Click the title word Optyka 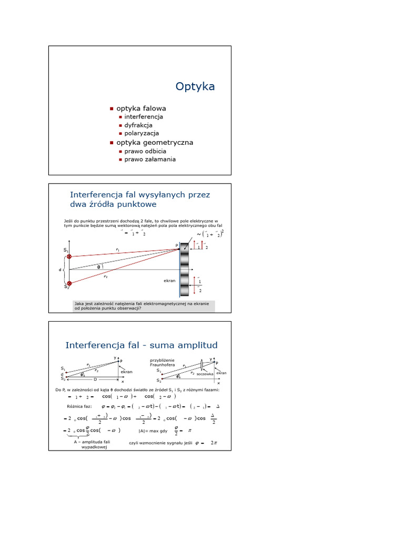(x=195, y=87)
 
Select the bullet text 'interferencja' (x=143, y=117)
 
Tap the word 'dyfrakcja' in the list (x=138, y=125)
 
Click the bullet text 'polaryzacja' (x=142, y=134)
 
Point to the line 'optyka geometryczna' (x=151, y=143)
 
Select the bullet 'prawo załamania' (x=150, y=159)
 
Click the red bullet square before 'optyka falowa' (x=112, y=108)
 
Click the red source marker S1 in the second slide (x=69, y=256)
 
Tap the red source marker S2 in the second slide (x=69, y=283)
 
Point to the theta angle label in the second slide (x=98, y=266)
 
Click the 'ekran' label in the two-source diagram (x=169, y=281)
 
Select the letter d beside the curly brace (x=60, y=270)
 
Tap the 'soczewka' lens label (x=205, y=374)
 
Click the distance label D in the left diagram (x=95, y=379)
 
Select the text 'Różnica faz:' (x=79, y=406)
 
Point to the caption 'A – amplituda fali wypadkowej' (x=92, y=444)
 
